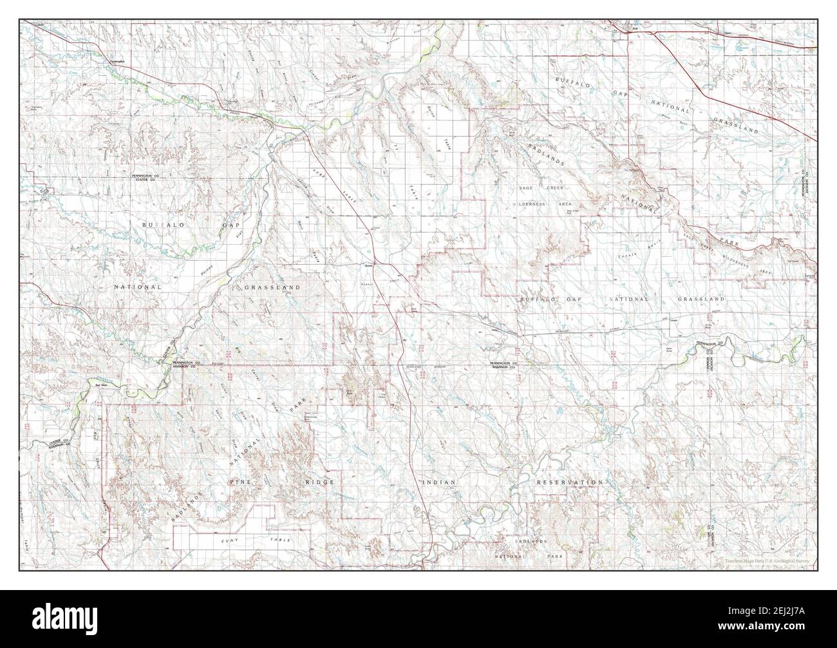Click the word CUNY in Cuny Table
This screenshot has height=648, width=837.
(x=229, y=538)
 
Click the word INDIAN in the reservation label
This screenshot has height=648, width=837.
(x=439, y=482)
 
